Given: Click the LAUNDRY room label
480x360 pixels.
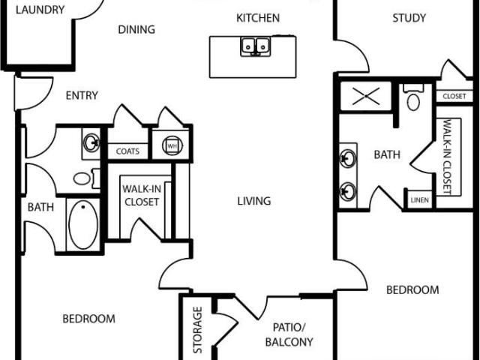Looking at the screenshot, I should click(x=40, y=10).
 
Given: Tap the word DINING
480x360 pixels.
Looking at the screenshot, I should click(x=136, y=30).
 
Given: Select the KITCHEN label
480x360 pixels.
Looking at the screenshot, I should click(x=258, y=18).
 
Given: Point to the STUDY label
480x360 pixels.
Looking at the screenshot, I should click(x=409, y=18).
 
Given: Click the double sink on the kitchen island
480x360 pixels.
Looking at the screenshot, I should click(x=255, y=47).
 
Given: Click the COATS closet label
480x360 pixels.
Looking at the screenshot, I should click(x=127, y=151).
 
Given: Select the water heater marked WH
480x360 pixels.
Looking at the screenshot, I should click(x=171, y=145).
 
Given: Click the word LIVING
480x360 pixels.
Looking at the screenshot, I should click(x=253, y=201).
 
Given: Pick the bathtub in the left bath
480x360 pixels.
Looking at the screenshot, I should click(x=83, y=223).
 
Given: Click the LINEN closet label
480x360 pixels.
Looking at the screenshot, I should click(x=418, y=201).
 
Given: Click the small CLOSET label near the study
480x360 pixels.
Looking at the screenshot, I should click(x=454, y=97).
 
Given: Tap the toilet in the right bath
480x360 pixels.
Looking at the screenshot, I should click(x=413, y=99).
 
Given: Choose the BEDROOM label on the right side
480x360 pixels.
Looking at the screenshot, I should click(x=412, y=289).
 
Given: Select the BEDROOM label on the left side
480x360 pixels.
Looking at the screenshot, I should click(x=88, y=319).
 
